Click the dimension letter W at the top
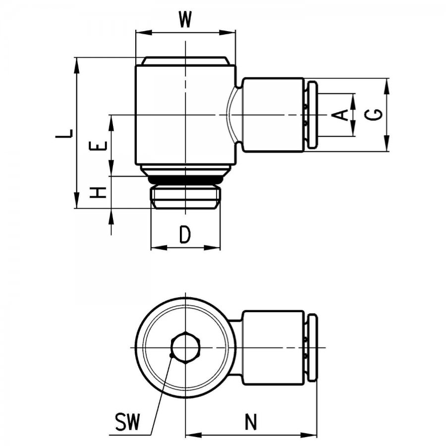coord(185,19)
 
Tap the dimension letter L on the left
coord(64,134)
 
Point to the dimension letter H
coord(98,193)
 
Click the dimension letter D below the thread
coord(185,234)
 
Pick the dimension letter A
coord(340,114)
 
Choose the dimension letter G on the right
coord(374,114)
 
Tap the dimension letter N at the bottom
coord(251,422)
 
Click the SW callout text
coord(128,422)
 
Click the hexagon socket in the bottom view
coord(185,347)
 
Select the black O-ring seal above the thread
coord(185,180)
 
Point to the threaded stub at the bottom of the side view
coord(185,197)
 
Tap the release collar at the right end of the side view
coord(313,114)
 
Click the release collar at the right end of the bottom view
coord(313,347)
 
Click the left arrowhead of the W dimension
coord(143,32)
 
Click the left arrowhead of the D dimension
coord(159,248)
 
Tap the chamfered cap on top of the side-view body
coord(185,61)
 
